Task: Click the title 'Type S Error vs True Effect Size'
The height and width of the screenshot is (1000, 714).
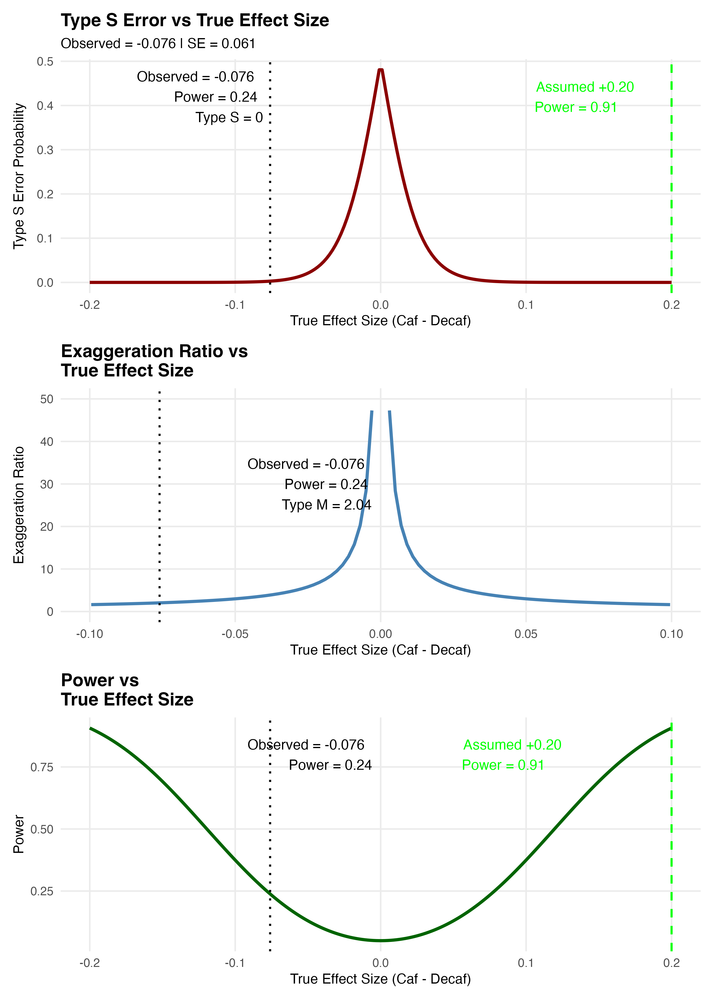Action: [x=195, y=21]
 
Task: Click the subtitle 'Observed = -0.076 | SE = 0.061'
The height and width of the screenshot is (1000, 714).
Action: [x=158, y=44]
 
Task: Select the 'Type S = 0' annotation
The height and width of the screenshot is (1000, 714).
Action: [x=229, y=117]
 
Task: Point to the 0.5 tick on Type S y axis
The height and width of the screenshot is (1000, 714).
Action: [x=45, y=62]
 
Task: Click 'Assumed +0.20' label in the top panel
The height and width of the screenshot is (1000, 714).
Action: [x=585, y=87]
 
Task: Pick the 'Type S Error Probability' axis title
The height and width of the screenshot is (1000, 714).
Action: [x=19, y=176]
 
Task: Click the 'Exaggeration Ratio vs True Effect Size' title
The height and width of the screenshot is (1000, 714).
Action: [x=154, y=361]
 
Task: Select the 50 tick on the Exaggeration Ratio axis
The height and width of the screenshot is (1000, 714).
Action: [x=47, y=399]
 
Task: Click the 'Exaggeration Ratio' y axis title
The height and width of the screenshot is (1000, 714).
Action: [x=19, y=505]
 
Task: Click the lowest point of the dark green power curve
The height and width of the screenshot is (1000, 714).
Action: [x=381, y=941]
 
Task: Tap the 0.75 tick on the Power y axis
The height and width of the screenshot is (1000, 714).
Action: [x=42, y=767]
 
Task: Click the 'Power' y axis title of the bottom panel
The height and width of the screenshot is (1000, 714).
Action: [x=19, y=834]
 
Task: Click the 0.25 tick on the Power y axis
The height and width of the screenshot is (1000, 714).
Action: [x=42, y=891]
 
